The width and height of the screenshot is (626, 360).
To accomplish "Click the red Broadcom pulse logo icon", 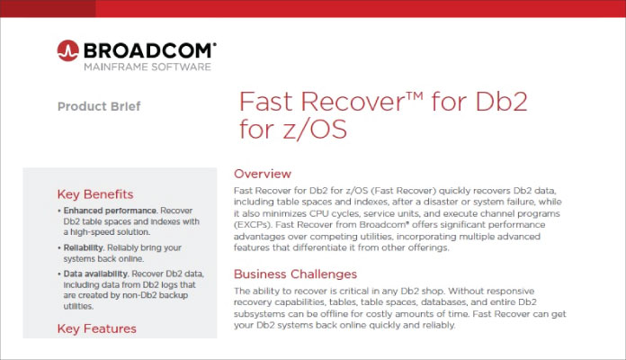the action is [x=67, y=50].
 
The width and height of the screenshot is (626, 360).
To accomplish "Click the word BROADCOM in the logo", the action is [x=149, y=51].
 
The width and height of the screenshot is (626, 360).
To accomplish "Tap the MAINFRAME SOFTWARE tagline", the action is [x=148, y=67].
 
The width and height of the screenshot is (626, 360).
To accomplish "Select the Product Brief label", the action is [x=99, y=106].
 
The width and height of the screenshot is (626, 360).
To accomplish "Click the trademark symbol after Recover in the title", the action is [x=416, y=96].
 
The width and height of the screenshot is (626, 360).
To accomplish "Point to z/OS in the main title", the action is [x=315, y=129].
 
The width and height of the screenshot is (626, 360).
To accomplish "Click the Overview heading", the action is [x=263, y=174].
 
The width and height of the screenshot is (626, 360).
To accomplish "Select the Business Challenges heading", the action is [x=295, y=274].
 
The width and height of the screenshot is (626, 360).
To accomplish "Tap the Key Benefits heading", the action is [x=95, y=194].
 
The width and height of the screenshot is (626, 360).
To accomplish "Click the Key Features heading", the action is [x=97, y=328].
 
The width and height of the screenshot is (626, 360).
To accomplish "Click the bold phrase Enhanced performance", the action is [x=111, y=211].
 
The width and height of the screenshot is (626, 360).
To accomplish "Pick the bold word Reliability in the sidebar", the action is [x=84, y=247].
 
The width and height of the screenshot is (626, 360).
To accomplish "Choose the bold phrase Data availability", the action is [x=95, y=274].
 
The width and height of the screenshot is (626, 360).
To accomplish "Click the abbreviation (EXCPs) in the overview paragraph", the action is [x=253, y=225].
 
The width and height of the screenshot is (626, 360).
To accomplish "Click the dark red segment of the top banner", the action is [x=48, y=8].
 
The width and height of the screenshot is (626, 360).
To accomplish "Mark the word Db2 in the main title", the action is [x=502, y=102].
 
